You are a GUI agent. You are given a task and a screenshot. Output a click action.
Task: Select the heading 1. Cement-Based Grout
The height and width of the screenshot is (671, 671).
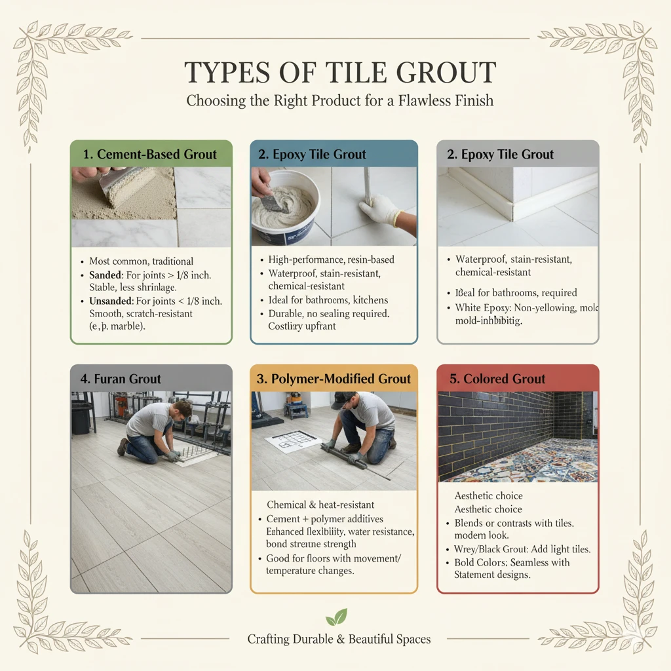pos(150,155)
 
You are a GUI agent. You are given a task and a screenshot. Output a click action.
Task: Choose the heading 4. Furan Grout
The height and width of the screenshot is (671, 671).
pos(119,379)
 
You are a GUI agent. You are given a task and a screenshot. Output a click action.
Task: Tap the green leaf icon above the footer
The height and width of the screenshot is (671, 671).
pos(336,617)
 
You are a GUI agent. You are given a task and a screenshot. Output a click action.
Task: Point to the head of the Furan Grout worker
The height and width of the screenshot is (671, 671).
pos(182,408)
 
